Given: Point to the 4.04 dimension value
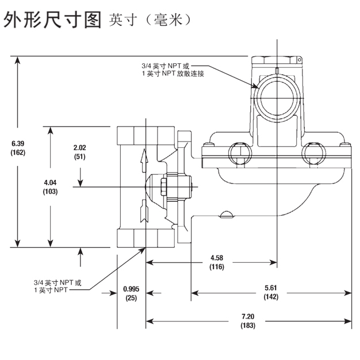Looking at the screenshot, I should (50, 182).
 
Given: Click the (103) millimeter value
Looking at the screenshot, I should (50, 192).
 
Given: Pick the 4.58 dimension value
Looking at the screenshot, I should (217, 257).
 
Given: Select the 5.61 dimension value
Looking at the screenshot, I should (270, 288).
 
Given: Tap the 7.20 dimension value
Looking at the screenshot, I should (248, 317).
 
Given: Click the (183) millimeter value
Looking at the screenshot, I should (248, 327).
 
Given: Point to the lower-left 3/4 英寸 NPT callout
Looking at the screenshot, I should (58, 282).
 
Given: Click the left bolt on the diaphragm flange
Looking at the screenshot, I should (237, 153).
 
